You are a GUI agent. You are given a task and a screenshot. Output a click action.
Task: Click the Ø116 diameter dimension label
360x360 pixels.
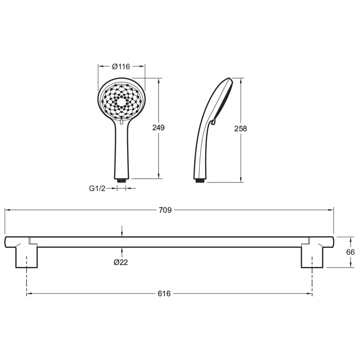tap(121, 66)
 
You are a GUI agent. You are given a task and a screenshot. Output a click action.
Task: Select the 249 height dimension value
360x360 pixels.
tap(158, 128)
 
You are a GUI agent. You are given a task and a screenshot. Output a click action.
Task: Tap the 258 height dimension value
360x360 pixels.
tap(240, 129)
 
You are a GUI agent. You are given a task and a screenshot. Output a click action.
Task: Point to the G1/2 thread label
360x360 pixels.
tap(97, 189)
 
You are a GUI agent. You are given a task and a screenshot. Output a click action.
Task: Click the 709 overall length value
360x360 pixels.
tap(165, 210)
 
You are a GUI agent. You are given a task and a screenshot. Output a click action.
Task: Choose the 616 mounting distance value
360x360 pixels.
tap(164, 294)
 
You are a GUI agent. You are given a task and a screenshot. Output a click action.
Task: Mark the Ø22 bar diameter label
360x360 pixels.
tap(121, 262)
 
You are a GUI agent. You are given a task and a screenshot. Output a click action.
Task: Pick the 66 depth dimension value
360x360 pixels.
tap(350, 252)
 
